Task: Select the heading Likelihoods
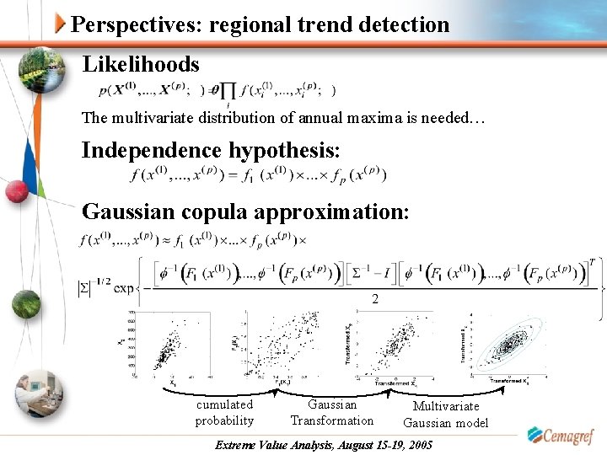(x=141, y=64)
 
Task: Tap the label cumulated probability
(x=224, y=412)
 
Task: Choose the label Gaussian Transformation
(x=332, y=412)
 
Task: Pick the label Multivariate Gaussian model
(x=446, y=415)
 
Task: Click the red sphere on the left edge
(x=16, y=192)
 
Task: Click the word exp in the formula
(x=124, y=289)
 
